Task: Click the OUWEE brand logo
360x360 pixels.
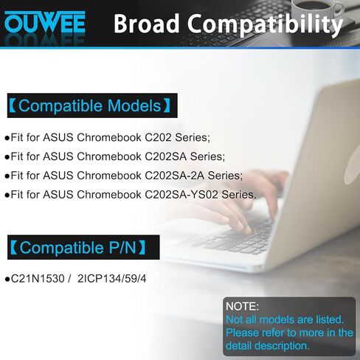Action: pos(45,23)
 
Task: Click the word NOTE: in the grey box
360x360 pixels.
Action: pos(242,305)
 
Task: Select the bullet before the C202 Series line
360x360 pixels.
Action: pos(7,137)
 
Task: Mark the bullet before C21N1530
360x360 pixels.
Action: pos(7,280)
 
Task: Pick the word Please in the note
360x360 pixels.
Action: pos(245,333)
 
